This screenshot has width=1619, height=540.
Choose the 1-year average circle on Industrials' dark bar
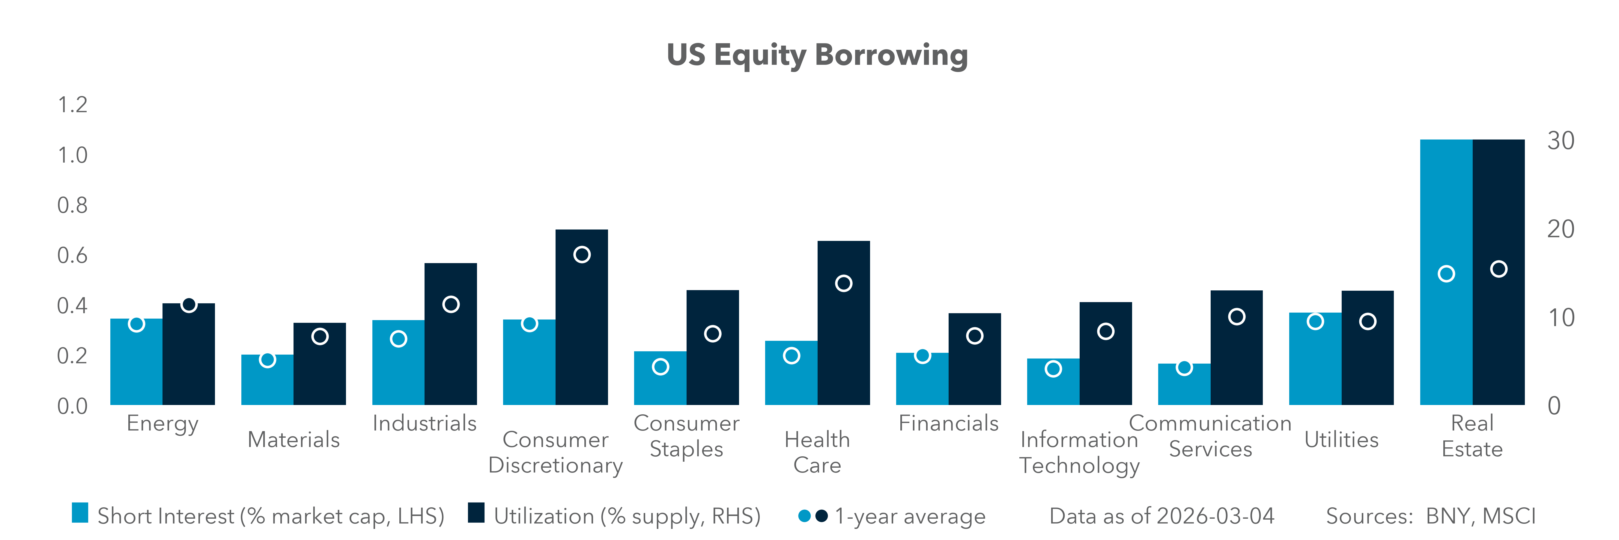(x=451, y=304)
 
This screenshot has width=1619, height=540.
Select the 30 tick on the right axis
(x=1561, y=141)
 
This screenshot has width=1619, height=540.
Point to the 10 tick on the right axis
(x=1561, y=318)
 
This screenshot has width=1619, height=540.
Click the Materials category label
(x=294, y=439)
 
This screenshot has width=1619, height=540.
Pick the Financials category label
(x=948, y=423)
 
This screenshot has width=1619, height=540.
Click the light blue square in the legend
(x=80, y=513)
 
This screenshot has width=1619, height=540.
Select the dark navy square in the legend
(x=476, y=513)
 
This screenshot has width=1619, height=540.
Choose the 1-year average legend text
(x=910, y=516)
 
